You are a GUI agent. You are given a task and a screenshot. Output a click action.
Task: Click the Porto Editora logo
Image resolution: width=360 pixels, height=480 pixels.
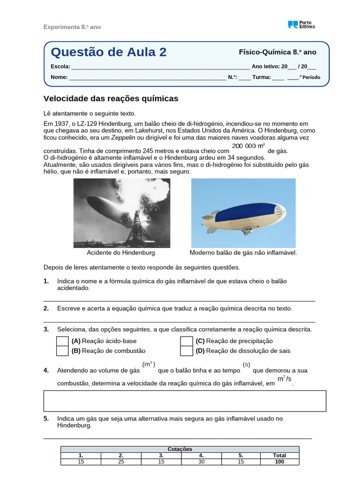point(301,25)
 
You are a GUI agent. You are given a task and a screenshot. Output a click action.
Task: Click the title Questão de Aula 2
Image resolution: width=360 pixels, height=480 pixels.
point(108,52)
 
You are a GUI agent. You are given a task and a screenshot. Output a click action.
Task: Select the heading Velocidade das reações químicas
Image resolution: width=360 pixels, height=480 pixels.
point(111,99)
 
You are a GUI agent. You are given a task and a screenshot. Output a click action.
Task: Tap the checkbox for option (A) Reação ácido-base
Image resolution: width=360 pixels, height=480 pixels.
point(62,341)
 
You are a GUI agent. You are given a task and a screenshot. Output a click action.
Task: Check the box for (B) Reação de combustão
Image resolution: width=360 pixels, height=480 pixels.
point(62,351)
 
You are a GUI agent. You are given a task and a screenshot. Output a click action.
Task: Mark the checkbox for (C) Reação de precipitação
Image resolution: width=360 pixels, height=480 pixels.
point(187,341)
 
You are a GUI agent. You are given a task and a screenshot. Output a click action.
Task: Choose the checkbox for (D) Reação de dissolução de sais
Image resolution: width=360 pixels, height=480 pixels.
point(187,351)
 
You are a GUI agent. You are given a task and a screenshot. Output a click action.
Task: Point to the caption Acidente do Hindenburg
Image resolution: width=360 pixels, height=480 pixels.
point(121,253)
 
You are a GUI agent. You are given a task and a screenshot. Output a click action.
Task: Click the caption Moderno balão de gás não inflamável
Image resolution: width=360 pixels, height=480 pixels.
point(243,253)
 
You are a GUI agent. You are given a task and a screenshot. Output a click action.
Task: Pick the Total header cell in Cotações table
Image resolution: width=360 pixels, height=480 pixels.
point(279,455)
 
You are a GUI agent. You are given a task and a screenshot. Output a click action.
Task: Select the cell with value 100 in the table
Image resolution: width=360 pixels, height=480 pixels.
point(279,462)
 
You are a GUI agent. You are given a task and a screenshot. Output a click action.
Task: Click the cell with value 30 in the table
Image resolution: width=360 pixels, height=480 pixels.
point(201,462)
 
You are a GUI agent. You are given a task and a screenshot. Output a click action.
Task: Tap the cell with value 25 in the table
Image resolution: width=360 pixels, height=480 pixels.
point(121,462)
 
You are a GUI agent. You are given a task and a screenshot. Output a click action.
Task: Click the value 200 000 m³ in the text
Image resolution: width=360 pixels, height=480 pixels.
point(248,146)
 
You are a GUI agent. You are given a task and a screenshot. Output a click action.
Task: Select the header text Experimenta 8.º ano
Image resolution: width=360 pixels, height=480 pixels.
point(72,27)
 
